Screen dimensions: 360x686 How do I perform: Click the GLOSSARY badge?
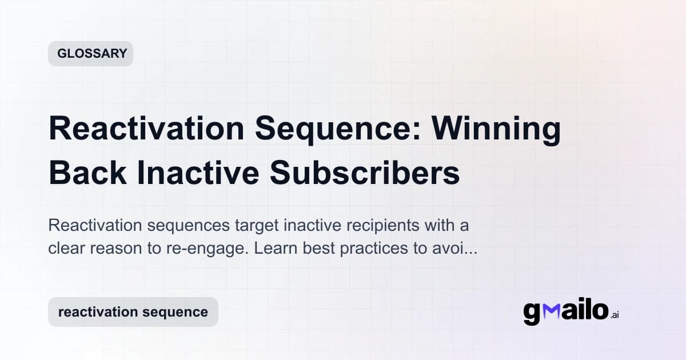click(x=91, y=54)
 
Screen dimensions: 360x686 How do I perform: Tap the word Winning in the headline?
click(x=496, y=129)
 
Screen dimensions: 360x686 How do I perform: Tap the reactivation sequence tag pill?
click(x=133, y=312)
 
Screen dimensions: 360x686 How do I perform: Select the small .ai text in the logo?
click(x=614, y=315)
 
